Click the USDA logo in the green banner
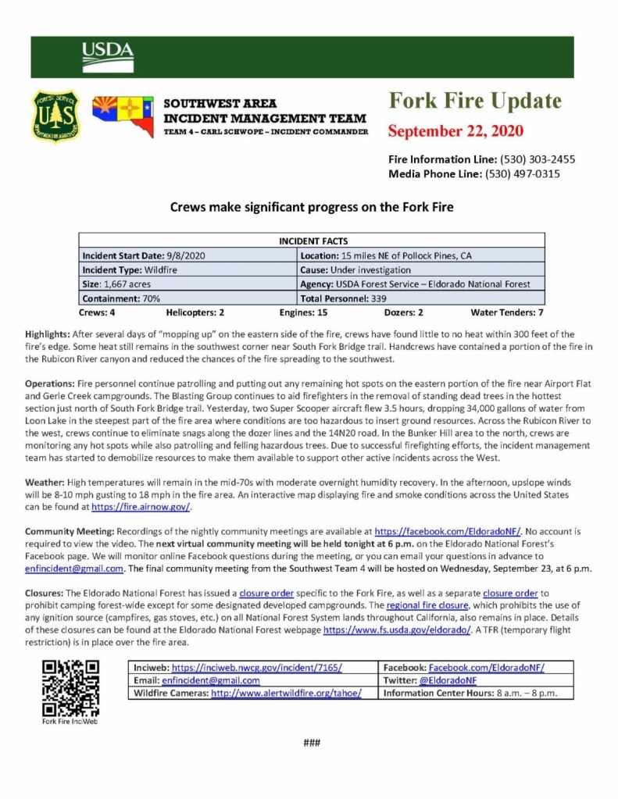[x=108, y=56]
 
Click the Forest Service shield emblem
[x=55, y=116]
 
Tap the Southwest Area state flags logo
[x=123, y=116]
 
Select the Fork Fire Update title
[x=475, y=102]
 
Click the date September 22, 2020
[x=455, y=130]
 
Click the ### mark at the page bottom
[x=312, y=743]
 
